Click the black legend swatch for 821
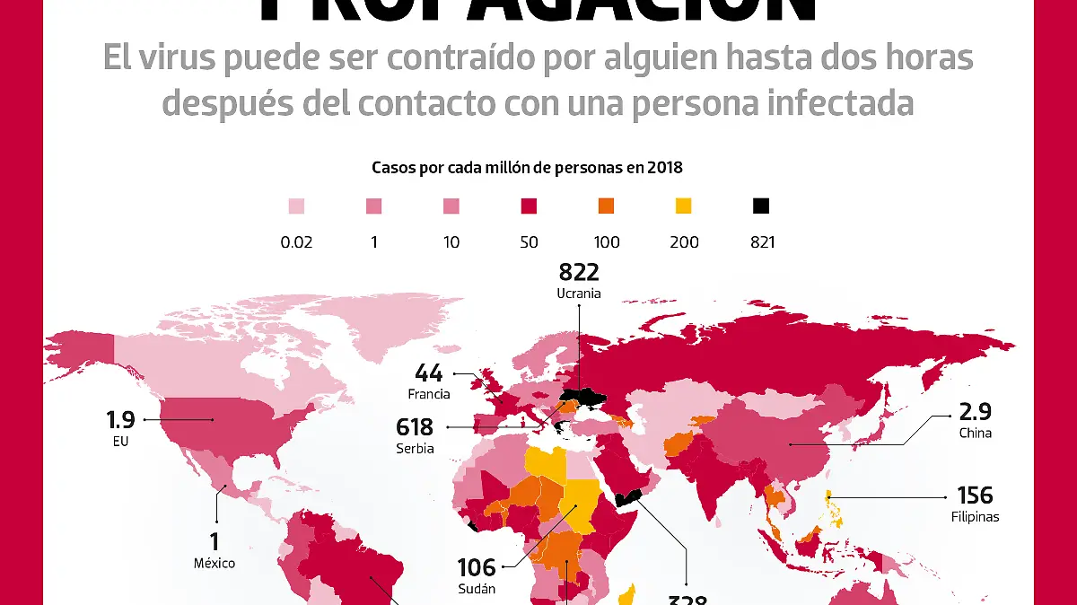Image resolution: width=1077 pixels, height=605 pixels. coord(761,206)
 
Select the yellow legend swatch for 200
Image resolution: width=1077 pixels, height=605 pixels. coord(684,206)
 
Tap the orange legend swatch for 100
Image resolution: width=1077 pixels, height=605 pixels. coord(606,206)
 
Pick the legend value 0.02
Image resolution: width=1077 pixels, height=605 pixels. coord(296,241)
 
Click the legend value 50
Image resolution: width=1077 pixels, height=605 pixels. coord(529,241)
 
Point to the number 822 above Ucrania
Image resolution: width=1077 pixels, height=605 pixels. coord(579,272)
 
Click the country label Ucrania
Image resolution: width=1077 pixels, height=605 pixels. coord(579,294)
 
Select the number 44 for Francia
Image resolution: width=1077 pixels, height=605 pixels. coord(429,373)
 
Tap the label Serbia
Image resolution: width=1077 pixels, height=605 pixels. coord(415,447)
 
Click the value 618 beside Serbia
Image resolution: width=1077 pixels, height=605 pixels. coord(415,427)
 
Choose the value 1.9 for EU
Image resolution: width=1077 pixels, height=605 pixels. coord(120,420)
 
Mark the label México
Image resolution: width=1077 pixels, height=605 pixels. coord(215,563)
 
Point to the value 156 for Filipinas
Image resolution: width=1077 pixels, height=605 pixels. coord(975,495)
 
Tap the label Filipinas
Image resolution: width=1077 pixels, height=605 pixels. coord(975,516)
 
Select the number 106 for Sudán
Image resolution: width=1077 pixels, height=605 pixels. coord(476,567)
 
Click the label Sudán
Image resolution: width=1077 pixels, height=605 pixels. coord(476,589)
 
